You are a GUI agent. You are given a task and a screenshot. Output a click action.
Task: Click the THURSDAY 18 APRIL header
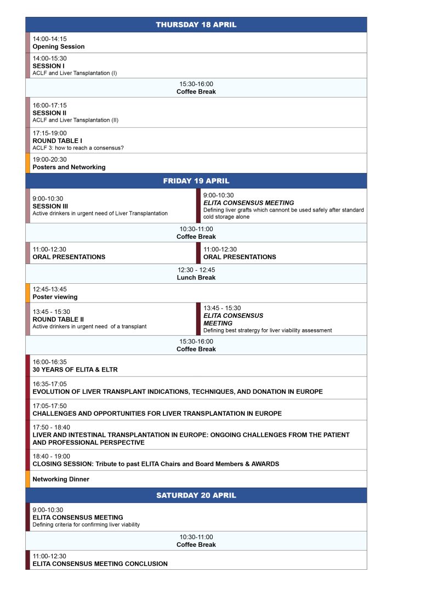pos(196,25)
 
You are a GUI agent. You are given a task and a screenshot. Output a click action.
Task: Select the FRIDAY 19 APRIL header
pos(196,181)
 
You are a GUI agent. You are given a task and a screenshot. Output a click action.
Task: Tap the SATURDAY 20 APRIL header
pos(196,495)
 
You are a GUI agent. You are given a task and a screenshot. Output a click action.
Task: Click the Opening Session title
pos(59,47)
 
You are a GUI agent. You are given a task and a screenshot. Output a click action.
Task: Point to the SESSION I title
pos(48,66)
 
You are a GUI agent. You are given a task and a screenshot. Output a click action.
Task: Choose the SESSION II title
pos(49,113)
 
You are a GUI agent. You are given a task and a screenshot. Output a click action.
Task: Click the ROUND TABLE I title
pos(57,140)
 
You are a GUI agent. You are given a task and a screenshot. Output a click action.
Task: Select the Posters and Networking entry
pos(69,167)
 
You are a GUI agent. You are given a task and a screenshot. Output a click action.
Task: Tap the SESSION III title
pos(50,206)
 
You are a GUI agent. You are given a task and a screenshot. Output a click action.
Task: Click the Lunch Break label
pos(196,277)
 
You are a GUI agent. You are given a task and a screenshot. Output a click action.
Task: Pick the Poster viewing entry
pos(55,297)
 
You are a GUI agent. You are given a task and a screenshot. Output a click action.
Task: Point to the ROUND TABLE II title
pos(58,319)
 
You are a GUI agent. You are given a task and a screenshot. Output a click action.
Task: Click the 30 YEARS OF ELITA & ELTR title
pos(75,370)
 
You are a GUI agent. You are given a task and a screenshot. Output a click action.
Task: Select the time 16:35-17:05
pos(50,384)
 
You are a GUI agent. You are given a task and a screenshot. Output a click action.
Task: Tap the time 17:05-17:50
pos(50,406)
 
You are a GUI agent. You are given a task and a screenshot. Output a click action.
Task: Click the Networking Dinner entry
pos(61,479)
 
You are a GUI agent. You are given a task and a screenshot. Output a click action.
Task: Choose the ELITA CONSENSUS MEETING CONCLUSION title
pos(100,563)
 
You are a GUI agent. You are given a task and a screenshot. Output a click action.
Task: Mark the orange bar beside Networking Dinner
pos(27,479)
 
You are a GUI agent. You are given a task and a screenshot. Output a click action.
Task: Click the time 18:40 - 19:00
pos(52,456)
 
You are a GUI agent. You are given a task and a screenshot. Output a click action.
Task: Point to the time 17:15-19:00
pos(49,133)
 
